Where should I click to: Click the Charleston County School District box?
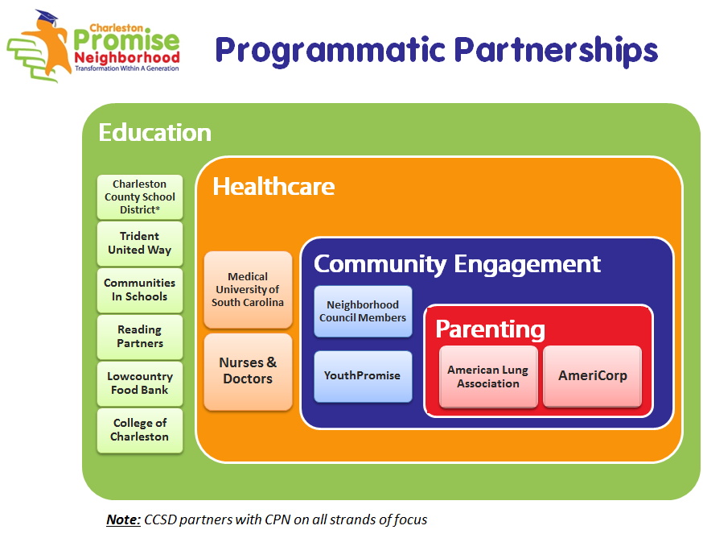(140, 197)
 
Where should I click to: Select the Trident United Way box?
(140, 244)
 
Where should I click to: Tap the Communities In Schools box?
(140, 291)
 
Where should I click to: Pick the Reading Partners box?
(140, 337)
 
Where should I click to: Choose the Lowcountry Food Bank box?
(140, 384)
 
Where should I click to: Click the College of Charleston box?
(140, 431)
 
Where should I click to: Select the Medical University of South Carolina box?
(248, 290)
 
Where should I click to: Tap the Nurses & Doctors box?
(248, 372)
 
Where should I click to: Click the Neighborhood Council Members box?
(363, 311)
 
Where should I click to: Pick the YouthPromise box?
(363, 376)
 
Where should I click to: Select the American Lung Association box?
(488, 377)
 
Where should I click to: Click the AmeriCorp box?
(592, 377)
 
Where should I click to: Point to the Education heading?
(155, 132)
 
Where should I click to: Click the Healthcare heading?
(273, 186)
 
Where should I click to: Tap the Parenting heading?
(490, 330)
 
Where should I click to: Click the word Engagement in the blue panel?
(528, 265)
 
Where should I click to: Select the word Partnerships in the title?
(556, 51)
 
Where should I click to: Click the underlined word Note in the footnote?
(123, 519)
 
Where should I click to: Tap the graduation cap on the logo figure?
(47, 17)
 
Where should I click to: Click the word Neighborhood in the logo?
(127, 57)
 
